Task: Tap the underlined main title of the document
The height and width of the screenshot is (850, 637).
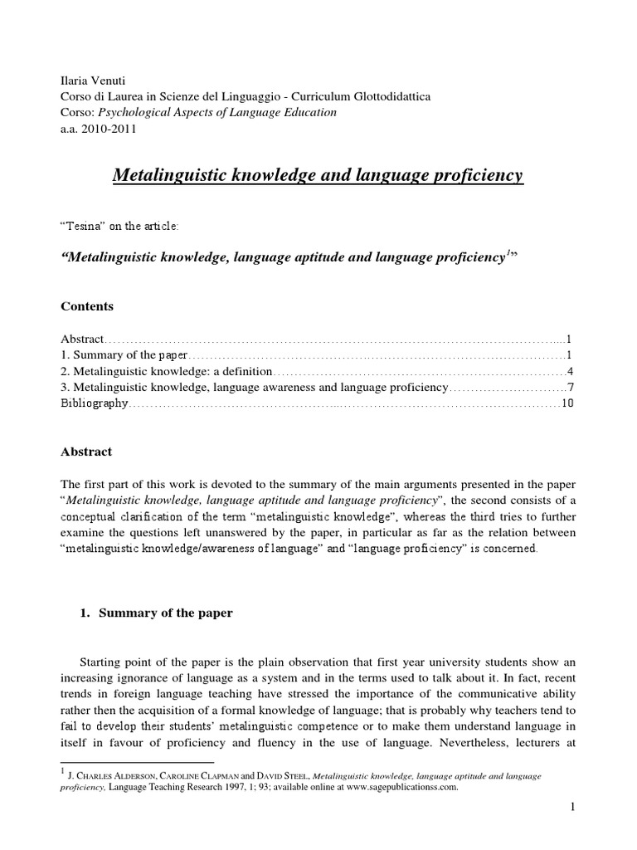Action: [318, 175]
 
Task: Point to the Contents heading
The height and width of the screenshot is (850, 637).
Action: [87, 306]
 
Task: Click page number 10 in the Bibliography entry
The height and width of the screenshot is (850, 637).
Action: [568, 403]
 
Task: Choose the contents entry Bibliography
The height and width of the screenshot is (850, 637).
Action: [95, 403]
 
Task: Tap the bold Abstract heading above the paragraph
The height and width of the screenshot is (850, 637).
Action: [86, 452]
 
